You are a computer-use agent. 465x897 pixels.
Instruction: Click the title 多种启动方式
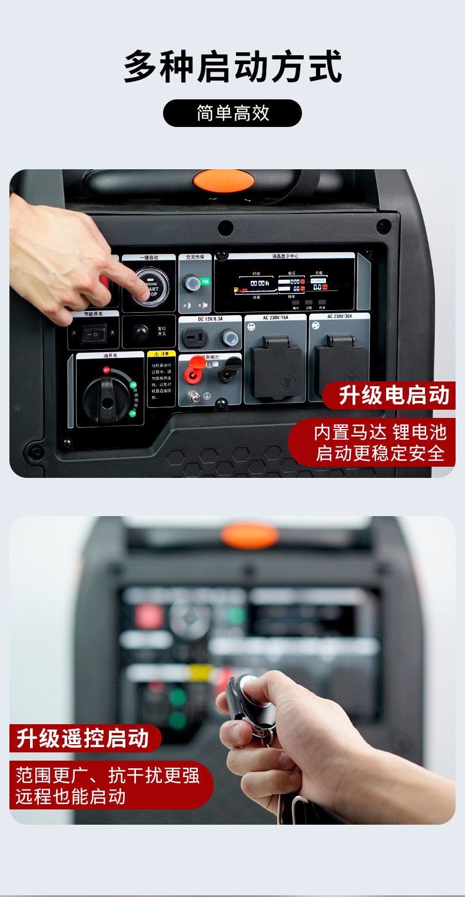[x=232, y=68]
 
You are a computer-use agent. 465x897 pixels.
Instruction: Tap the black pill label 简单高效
[x=232, y=113]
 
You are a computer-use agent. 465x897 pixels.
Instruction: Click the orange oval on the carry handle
[x=224, y=181]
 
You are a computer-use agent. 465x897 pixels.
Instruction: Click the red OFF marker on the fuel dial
[x=107, y=370]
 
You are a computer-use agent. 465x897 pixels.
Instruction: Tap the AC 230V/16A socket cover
[x=275, y=366]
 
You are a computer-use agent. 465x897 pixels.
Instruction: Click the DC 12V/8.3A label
[x=210, y=319]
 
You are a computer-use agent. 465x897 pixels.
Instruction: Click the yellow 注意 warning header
[x=161, y=354]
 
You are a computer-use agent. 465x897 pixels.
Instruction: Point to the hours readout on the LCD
[x=259, y=283]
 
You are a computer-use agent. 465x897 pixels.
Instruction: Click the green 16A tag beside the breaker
[x=205, y=282]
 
